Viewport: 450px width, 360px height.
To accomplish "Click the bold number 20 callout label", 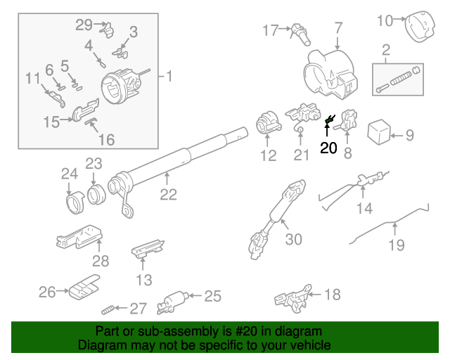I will pos(328,148).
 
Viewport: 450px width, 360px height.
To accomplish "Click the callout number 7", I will pos(338,29).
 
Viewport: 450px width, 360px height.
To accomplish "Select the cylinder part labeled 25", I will pos(172,302).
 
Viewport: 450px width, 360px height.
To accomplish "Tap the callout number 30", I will pos(294,239).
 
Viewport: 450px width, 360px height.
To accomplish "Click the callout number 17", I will pos(271,30).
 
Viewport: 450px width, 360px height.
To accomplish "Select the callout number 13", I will pos(144,281).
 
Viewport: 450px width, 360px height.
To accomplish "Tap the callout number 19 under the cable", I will pos(397,245).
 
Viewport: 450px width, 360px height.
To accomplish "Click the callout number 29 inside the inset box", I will pos(84,25).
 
